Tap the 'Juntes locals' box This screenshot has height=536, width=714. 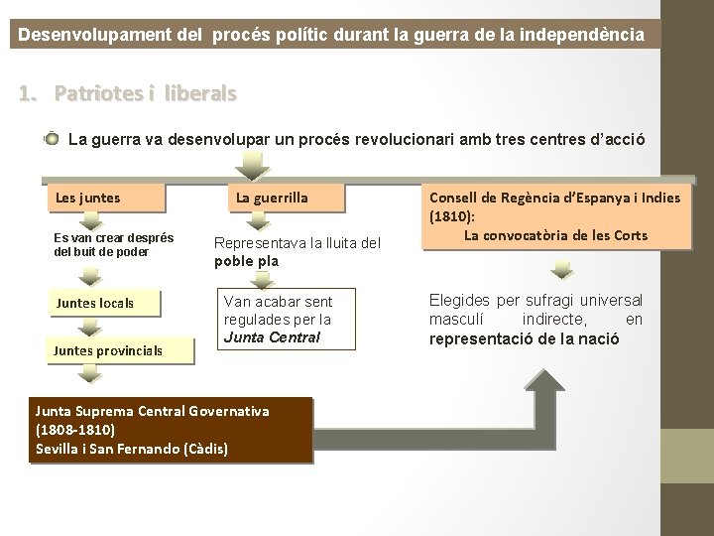pos(103,302)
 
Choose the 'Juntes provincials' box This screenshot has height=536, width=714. pos(108,349)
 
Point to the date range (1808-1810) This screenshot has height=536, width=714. pos(75,431)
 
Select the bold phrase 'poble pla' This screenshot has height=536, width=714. pos(247,262)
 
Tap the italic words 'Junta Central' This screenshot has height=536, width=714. pos(258,336)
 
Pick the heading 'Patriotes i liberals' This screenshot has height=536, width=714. pos(146,94)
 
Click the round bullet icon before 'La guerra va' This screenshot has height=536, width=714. pos(53,140)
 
